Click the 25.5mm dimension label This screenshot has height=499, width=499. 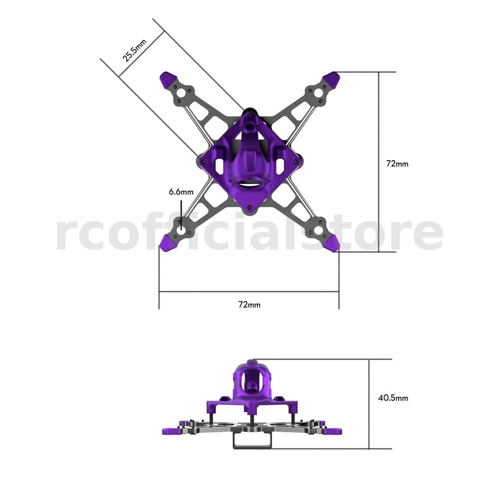tap(135, 50)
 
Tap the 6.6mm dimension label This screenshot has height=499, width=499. tap(181, 192)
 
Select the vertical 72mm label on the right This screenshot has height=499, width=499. tap(397, 164)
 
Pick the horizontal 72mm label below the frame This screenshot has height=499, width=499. tap(249, 304)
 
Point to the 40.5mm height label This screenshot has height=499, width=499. tap(393, 398)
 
